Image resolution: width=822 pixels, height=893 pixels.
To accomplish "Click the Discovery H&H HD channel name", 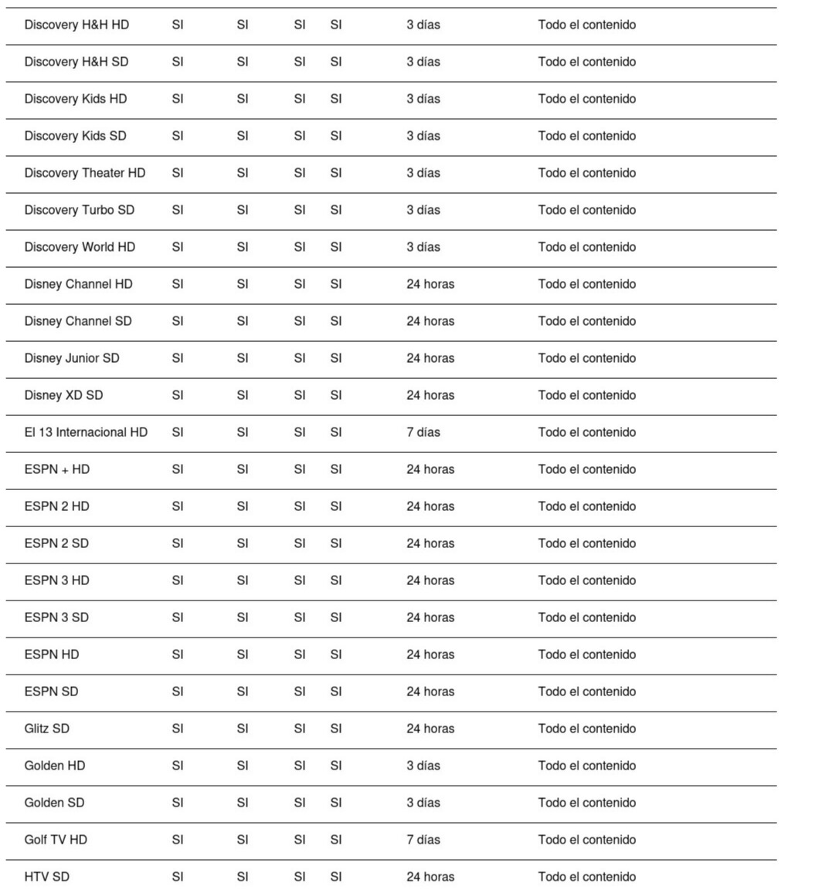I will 76,25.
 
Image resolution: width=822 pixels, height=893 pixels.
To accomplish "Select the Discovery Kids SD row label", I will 75,136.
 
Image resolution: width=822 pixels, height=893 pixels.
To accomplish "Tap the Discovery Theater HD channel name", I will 84,173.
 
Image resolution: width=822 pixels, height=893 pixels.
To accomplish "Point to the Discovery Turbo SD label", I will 79,210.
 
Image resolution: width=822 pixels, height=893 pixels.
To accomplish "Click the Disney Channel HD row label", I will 78,284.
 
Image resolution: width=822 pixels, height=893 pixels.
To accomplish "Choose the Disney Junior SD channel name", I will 72,358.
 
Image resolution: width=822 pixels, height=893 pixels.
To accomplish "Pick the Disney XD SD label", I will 63,395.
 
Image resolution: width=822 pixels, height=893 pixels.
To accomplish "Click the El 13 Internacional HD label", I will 86,432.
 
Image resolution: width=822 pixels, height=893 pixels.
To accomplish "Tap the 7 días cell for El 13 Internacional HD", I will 423,432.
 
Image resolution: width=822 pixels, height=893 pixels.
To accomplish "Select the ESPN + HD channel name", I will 56,469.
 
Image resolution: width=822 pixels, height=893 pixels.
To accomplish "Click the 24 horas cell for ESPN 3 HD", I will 430,580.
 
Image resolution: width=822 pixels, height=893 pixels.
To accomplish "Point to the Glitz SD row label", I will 46,729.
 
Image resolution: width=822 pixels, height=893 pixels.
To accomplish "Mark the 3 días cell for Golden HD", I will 423,766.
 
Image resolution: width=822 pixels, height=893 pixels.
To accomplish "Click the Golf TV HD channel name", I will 56,840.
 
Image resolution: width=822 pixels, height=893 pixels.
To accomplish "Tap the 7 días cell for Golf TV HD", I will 423,840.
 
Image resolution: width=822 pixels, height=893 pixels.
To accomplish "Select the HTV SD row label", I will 46,877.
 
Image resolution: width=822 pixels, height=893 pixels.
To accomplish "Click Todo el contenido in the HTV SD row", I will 587,877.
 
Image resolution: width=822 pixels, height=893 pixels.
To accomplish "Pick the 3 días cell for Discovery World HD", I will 423,247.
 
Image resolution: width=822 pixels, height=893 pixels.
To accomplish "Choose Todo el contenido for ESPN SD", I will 587,692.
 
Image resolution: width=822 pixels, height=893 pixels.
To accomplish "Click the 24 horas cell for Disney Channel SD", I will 430,321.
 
